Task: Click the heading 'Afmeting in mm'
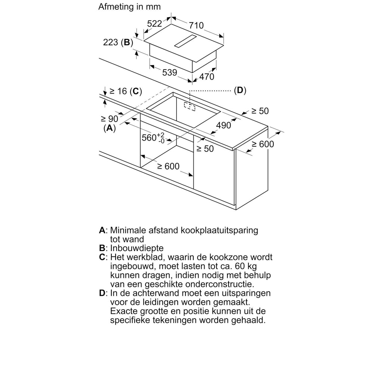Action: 129,7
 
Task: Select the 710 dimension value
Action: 196,25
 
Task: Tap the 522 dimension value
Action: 154,24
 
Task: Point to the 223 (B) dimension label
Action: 118,43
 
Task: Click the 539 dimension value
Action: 169,73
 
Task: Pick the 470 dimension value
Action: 206,77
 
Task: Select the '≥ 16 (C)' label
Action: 124,91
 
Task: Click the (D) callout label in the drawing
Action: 240,90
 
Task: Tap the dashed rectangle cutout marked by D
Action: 190,106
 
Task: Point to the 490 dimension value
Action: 224,126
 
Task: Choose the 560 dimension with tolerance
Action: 153,138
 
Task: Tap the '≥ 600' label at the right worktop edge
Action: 263,144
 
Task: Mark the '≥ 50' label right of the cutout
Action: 260,111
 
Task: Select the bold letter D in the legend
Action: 102,293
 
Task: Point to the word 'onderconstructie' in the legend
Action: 217,284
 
